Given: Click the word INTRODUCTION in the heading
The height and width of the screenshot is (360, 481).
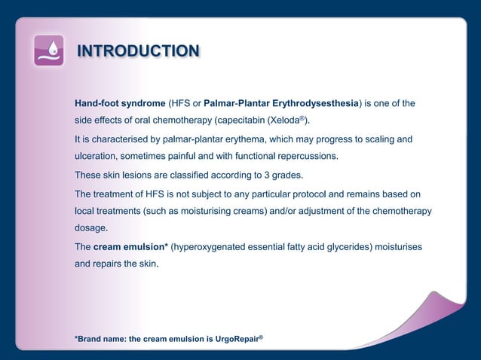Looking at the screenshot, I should click(x=139, y=51).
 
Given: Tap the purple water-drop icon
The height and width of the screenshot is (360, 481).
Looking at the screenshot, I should click(x=49, y=50).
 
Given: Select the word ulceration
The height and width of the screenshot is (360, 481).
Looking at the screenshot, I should click(x=97, y=157).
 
